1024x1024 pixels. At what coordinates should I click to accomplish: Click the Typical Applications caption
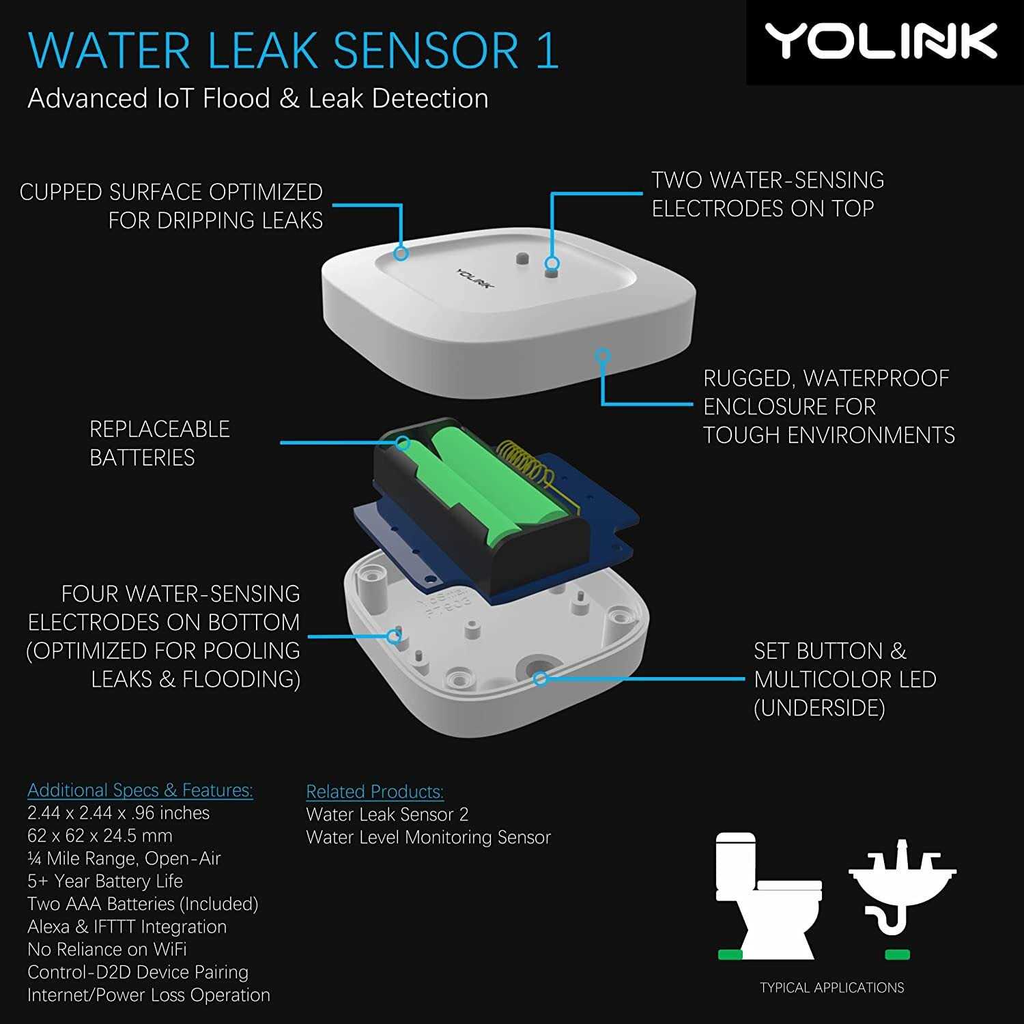[831, 988]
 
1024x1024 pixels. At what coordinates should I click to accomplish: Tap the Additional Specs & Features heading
[140, 791]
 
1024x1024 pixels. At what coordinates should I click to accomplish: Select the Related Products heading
[375, 792]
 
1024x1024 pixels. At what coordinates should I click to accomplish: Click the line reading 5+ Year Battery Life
[105, 881]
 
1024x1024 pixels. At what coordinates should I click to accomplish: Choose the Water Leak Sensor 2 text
[387, 814]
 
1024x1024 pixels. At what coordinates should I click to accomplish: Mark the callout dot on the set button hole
[540, 679]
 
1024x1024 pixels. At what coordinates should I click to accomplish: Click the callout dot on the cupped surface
[401, 253]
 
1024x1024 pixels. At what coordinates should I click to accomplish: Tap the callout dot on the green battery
[403, 443]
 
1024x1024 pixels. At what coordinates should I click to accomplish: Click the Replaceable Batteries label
[159, 443]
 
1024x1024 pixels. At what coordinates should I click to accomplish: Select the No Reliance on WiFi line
[107, 950]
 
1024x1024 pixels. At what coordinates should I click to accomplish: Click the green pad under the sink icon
[896, 954]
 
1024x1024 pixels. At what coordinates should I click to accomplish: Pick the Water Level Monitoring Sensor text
[428, 838]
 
